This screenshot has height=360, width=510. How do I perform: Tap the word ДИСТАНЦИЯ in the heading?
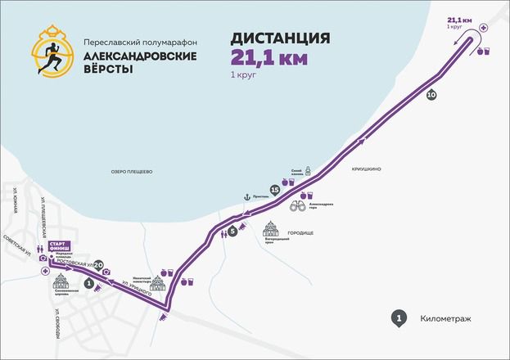tap(282, 38)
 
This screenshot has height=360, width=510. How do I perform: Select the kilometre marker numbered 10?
tap(431, 96)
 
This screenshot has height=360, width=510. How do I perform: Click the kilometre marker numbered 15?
tap(275, 190)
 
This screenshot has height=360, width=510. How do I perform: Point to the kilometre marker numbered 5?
tap(232, 232)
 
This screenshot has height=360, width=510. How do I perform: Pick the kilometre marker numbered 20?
tap(98, 264)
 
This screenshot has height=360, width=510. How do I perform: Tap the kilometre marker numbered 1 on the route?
tap(88, 282)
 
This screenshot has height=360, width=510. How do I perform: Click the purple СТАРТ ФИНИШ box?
tap(59, 246)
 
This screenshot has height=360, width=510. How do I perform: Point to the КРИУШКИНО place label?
tap(366, 169)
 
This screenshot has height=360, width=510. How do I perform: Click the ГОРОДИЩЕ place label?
tap(304, 233)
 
